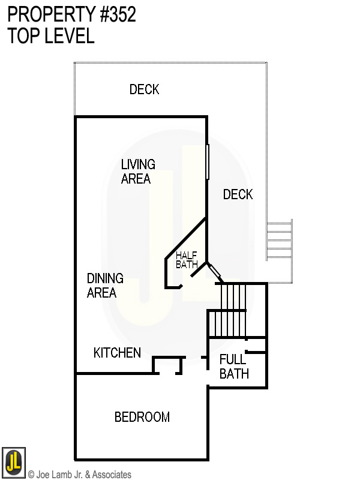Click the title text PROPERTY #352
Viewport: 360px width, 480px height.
72,15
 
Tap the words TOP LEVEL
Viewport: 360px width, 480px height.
51,36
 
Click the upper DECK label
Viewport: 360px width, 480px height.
145,89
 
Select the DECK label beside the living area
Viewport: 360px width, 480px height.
238,194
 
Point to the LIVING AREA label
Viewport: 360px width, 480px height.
137,171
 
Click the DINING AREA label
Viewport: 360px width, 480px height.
104,286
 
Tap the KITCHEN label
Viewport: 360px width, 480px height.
117,353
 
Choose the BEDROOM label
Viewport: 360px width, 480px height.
142,417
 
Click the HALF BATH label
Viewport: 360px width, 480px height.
186,259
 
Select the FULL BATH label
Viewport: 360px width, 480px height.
233,367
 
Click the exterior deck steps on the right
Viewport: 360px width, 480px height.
279,240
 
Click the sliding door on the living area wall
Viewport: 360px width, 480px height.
207,161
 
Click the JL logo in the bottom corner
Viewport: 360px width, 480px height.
14,461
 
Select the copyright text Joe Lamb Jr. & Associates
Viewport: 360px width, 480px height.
80,475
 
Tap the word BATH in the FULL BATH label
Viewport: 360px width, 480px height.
234,374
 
